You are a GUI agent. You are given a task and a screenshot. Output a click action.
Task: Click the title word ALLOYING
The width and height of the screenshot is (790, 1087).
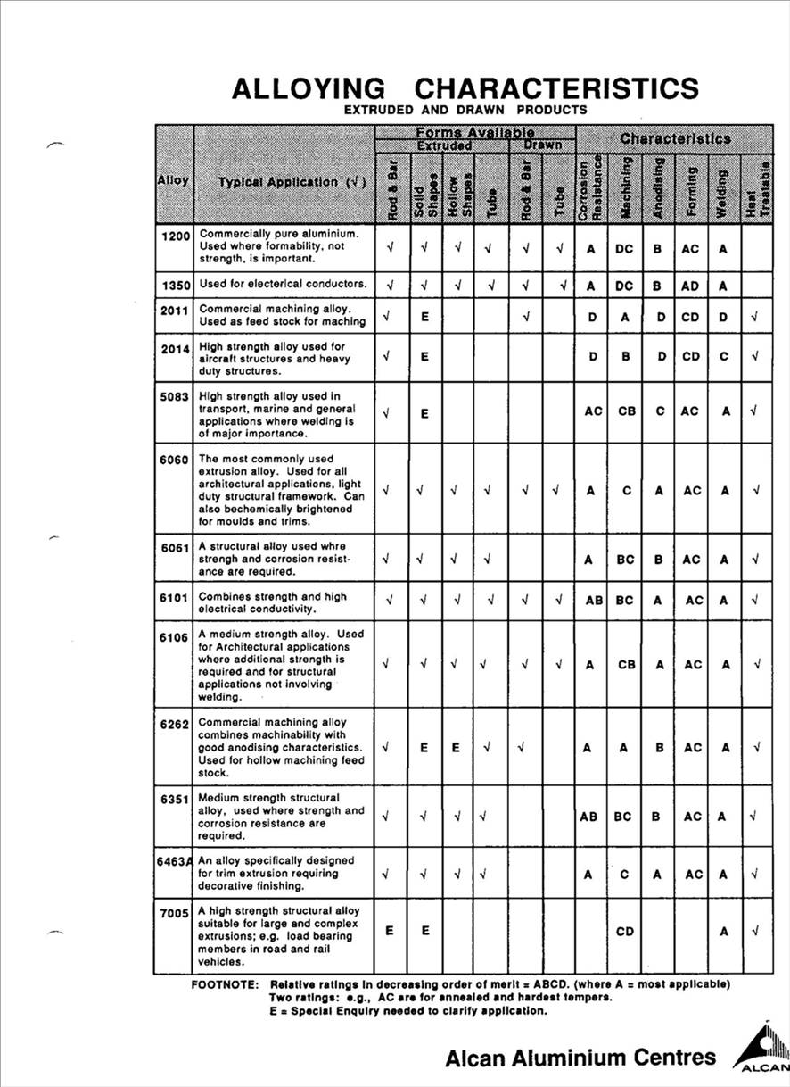click(x=308, y=88)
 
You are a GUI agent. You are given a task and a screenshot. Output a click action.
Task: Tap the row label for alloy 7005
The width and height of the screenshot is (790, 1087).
click(x=175, y=912)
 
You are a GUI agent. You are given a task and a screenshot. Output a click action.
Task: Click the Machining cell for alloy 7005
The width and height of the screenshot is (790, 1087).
click(x=624, y=932)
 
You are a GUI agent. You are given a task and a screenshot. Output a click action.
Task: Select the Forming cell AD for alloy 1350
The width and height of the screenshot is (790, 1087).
click(x=691, y=285)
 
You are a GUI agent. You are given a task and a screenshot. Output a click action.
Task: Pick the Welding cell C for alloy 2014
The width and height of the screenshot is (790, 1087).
click(x=724, y=356)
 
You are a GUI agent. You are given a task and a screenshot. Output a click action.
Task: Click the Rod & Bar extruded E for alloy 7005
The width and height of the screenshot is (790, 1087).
click(x=390, y=930)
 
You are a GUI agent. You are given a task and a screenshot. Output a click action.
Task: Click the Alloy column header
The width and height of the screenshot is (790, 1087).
click(x=173, y=180)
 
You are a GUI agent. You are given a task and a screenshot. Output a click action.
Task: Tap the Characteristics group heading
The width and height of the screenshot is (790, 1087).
click(x=674, y=139)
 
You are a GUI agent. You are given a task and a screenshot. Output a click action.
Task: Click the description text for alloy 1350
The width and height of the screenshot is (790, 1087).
click(x=283, y=284)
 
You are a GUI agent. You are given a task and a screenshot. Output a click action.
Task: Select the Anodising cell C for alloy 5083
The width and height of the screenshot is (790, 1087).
click(x=658, y=411)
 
